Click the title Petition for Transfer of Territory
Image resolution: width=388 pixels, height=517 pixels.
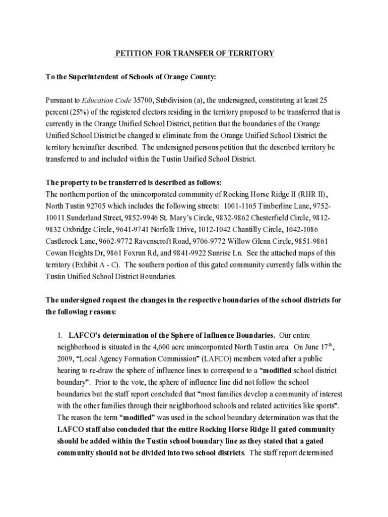coord(195,53)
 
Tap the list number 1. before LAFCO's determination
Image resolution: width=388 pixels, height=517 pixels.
coord(59,335)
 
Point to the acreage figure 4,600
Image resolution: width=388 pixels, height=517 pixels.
coord(162,347)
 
